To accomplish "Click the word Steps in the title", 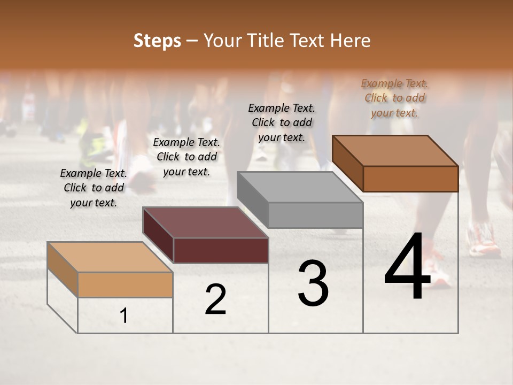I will pyautogui.click(x=157, y=41).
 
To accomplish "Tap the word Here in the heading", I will pyautogui.click(x=351, y=41).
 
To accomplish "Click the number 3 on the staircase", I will pyautogui.click(x=313, y=283).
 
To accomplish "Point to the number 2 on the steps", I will pyautogui.click(x=215, y=299).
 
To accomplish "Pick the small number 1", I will pyautogui.click(x=124, y=316).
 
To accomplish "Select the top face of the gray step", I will pyautogui.click(x=300, y=187).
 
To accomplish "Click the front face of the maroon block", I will pyautogui.click(x=221, y=250).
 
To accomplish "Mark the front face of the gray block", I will pyautogui.click(x=315, y=215).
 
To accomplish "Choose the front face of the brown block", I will pyautogui.click(x=410, y=179).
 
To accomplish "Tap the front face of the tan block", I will pyautogui.click(x=125, y=284).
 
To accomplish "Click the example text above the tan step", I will pyautogui.click(x=94, y=188).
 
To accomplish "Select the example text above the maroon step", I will pyautogui.click(x=186, y=157).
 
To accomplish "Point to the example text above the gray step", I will pyautogui.click(x=282, y=122).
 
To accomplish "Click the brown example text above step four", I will pyautogui.click(x=394, y=98).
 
